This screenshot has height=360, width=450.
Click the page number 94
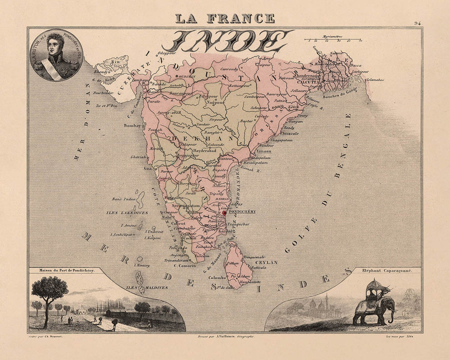click(417, 23)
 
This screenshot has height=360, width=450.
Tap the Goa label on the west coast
click(148, 168)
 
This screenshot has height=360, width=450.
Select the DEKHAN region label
click(202, 135)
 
